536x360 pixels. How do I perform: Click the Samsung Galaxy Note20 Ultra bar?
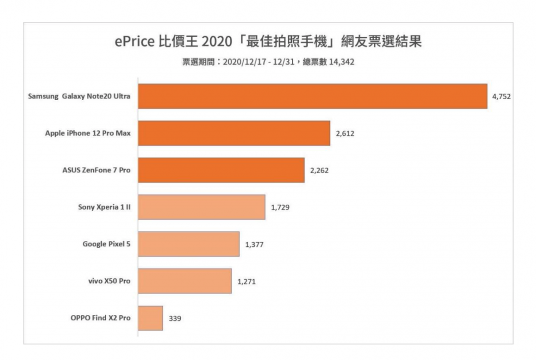coord(313,96)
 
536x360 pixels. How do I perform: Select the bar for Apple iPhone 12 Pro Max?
coord(234,133)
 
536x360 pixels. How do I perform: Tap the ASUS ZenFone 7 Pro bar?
coord(221,170)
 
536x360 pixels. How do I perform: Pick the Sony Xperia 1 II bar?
coord(201,207)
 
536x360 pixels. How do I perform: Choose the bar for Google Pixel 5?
coord(189,244)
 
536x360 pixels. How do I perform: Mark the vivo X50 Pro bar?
coord(185,281)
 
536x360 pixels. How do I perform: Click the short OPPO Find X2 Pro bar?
coord(150,318)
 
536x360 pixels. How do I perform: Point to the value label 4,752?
coord(501,97)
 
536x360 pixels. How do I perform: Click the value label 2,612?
coord(344,133)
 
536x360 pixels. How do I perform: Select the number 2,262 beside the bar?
coord(319,171)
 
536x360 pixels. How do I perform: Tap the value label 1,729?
coord(280,207)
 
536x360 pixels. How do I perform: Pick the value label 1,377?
coord(254,244)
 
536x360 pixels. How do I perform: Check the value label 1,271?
coord(246,282)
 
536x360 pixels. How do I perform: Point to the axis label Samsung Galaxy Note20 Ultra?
coord(79,96)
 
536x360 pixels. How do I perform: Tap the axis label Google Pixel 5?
coord(107,244)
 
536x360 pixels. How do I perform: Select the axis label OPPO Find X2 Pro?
coord(101,318)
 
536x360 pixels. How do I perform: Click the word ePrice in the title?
coord(134,42)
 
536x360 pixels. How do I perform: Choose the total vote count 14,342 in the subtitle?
coord(340,62)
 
